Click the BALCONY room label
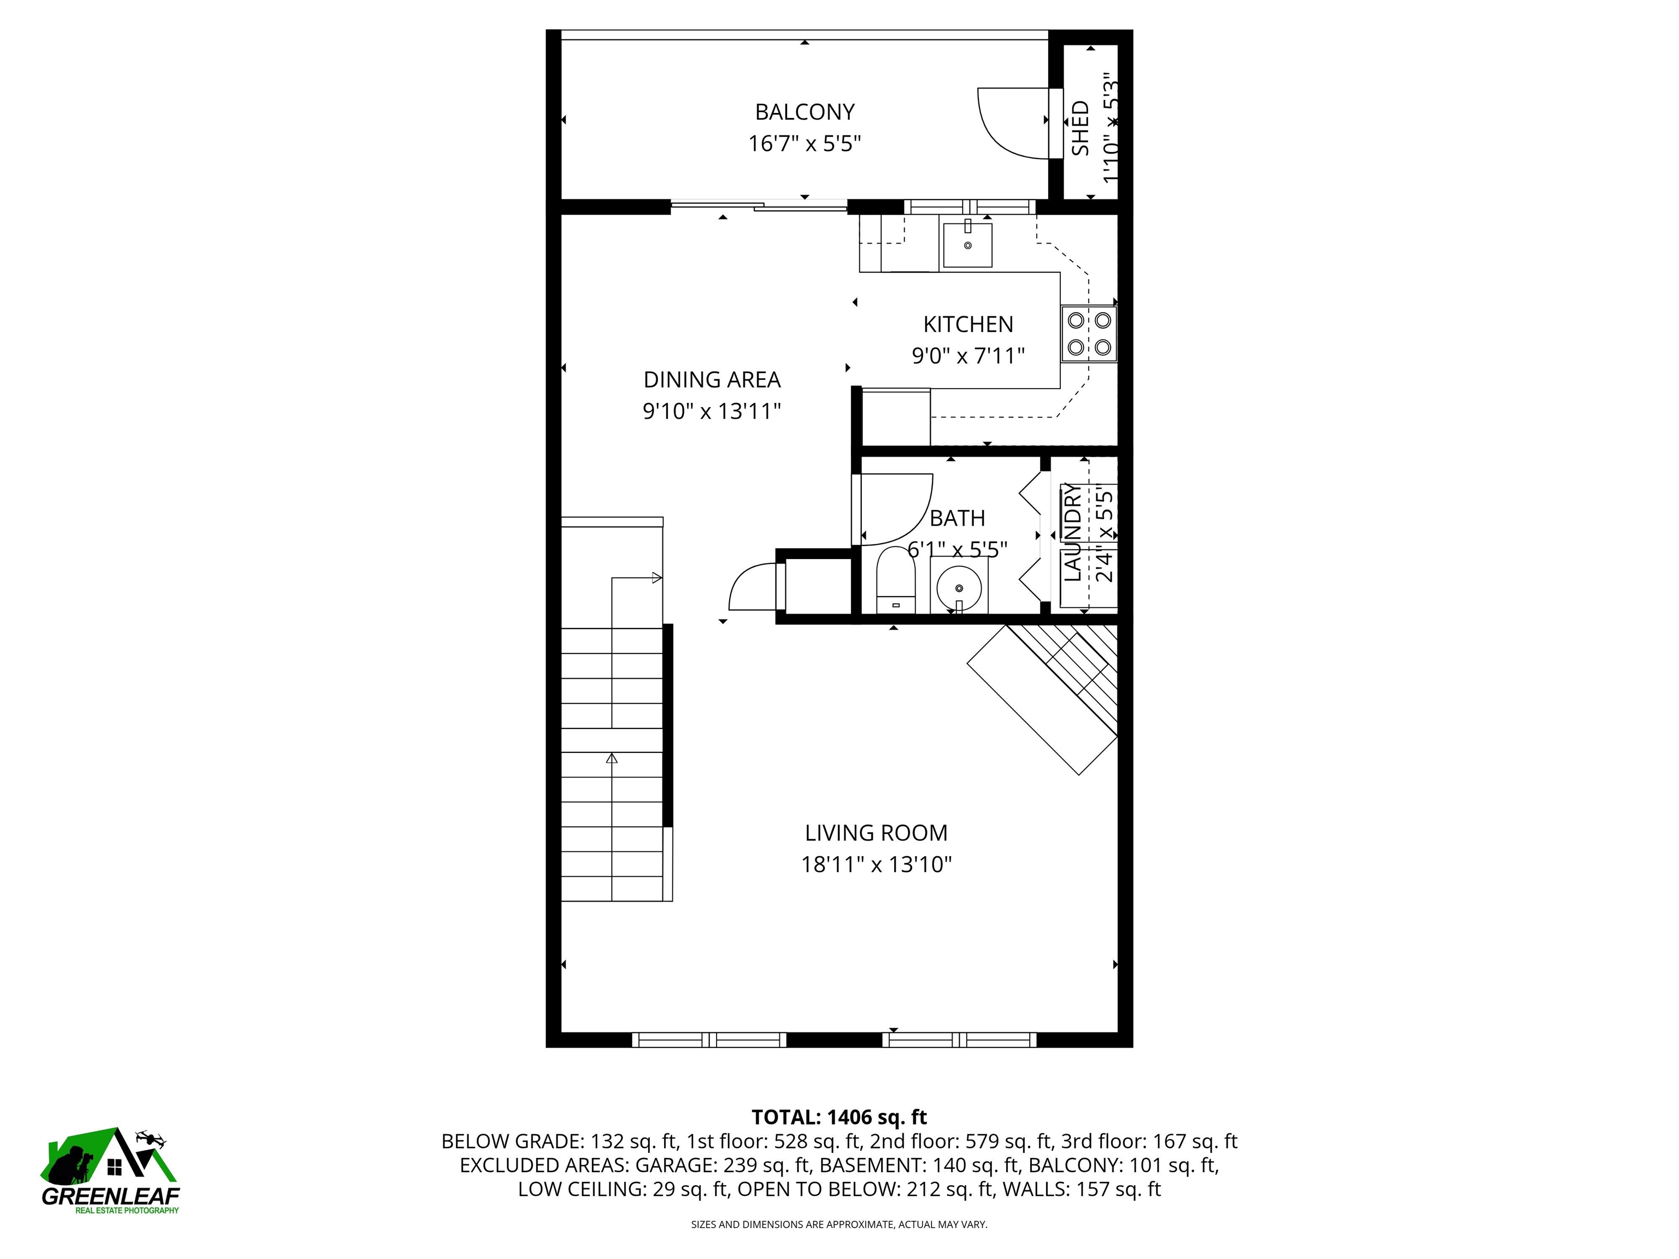click(x=805, y=113)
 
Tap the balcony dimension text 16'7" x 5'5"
click(x=805, y=143)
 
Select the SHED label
click(x=1080, y=129)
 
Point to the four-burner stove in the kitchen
click(x=1089, y=334)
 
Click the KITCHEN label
click(x=968, y=325)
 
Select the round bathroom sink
click(x=959, y=587)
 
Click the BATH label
click(x=957, y=519)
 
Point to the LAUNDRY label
click(x=1072, y=533)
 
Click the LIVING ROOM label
click(x=876, y=833)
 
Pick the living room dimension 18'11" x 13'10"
click(x=876, y=865)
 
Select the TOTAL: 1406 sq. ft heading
click(x=839, y=1117)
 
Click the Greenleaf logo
click(x=110, y=1169)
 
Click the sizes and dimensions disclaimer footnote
click(x=839, y=1224)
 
